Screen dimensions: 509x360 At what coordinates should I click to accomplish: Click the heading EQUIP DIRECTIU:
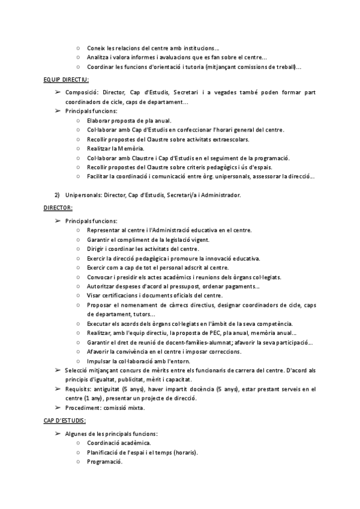pos(67,79)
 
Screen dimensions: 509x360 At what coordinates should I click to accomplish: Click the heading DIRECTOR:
pos(58,208)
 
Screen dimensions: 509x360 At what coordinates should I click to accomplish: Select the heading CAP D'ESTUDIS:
pos(65,420)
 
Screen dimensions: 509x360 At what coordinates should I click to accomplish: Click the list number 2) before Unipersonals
pos(58,195)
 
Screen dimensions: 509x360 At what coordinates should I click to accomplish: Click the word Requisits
pos(79,390)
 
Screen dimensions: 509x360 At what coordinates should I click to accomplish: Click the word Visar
pos(94,295)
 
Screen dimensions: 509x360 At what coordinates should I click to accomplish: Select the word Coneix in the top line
pos(96,48)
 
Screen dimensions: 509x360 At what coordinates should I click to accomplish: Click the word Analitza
pos(98,58)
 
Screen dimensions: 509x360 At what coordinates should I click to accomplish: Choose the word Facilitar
pos(98,176)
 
